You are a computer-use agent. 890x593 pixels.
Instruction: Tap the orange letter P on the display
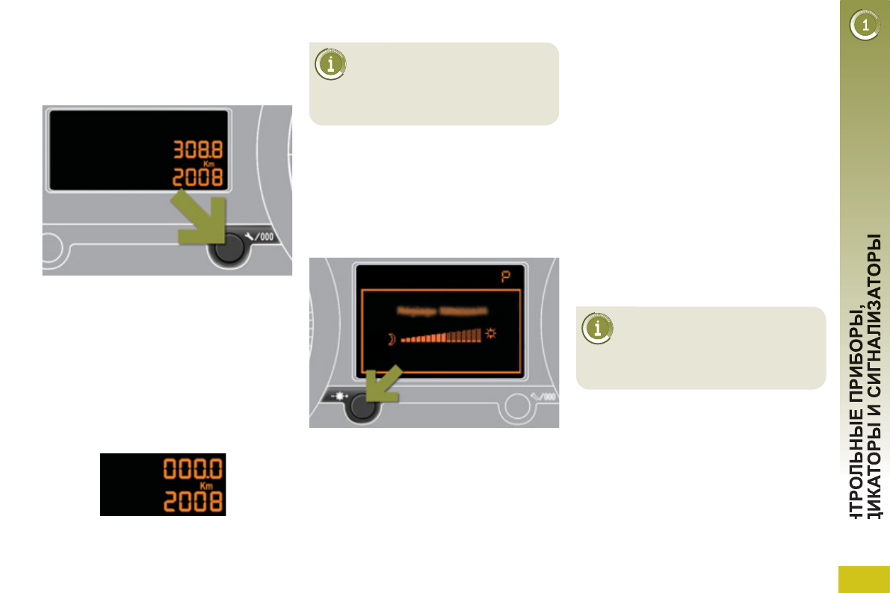point(507,278)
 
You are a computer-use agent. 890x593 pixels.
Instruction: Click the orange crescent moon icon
point(390,340)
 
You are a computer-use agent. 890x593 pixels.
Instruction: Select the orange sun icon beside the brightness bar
point(491,334)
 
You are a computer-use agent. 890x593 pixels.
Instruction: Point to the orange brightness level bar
point(441,337)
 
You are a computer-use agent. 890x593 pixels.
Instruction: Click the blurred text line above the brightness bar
point(441,310)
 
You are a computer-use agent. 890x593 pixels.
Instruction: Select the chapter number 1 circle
point(865,26)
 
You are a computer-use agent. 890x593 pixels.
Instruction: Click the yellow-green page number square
point(864,579)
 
